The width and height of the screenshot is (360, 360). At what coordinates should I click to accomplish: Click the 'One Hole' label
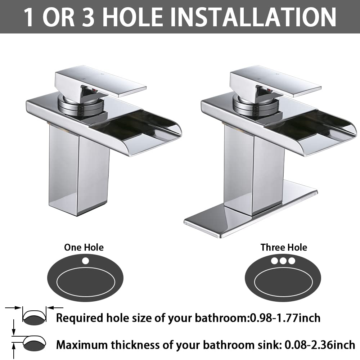tap(84, 247)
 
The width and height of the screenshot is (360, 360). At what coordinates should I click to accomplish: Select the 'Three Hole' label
tap(284, 247)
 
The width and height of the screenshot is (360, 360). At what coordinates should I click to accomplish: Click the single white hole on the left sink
tap(85, 260)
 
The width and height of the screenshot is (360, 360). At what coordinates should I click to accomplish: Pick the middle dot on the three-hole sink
tap(283, 260)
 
